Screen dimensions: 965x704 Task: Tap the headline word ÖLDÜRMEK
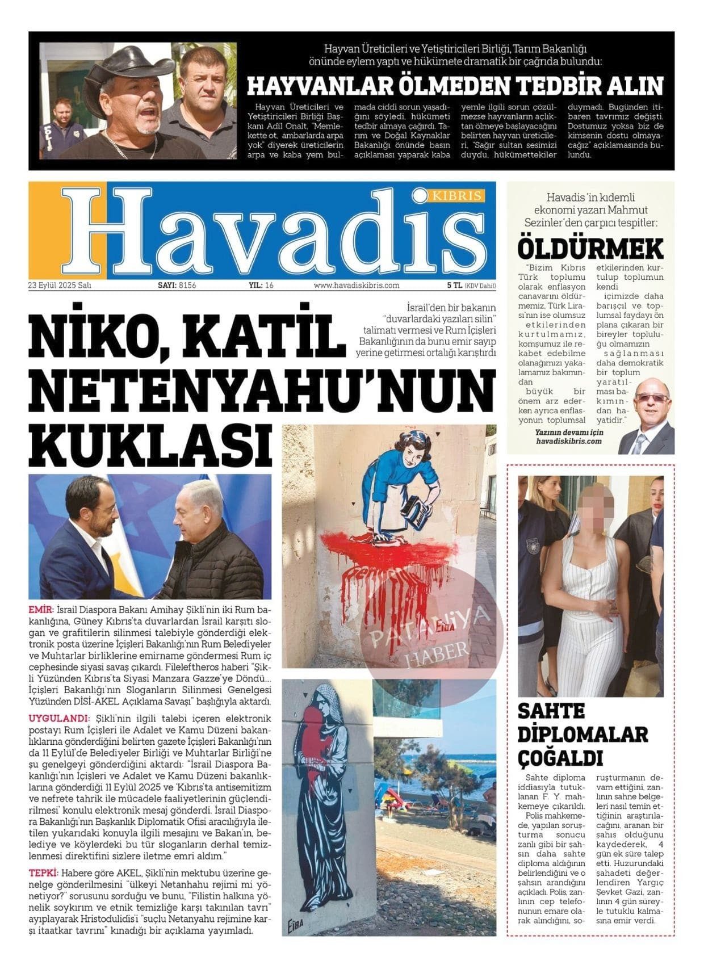590,248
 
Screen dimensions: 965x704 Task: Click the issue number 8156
187,286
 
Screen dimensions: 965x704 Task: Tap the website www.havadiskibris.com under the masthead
357,286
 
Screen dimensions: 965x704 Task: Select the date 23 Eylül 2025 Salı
60,286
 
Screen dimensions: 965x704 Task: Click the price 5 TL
454,286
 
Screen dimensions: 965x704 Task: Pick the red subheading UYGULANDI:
59,718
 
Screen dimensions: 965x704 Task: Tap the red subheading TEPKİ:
43,872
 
